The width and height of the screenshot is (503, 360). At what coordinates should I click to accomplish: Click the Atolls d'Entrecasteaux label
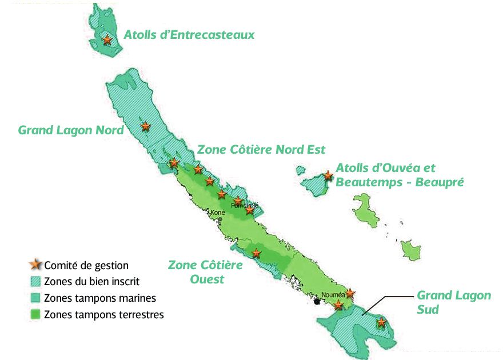(189, 35)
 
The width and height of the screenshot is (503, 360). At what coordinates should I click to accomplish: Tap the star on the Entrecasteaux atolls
(107, 40)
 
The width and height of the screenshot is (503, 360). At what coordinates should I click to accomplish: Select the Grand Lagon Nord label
(71, 130)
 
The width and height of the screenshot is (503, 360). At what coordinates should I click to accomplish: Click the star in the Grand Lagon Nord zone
(146, 126)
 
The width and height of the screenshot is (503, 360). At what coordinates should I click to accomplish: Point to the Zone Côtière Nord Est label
(261, 150)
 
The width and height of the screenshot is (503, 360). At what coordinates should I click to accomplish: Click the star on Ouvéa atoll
(328, 176)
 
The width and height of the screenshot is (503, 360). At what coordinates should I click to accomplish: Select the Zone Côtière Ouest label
(205, 272)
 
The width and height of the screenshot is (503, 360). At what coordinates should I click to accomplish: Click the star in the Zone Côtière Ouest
(256, 253)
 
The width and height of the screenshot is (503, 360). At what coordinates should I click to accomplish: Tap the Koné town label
(218, 213)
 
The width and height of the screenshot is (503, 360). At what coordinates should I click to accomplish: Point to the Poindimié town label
(245, 205)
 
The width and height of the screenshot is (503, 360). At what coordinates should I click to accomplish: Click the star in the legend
(35, 265)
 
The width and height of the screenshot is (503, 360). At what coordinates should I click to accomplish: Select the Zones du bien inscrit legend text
(91, 282)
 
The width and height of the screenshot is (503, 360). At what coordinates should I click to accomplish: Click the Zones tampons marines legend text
(99, 298)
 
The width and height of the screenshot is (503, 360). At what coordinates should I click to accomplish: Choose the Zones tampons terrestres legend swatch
(35, 314)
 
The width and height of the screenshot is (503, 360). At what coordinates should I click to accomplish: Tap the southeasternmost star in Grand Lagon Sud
(381, 323)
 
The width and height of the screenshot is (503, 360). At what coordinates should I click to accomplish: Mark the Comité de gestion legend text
(86, 265)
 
